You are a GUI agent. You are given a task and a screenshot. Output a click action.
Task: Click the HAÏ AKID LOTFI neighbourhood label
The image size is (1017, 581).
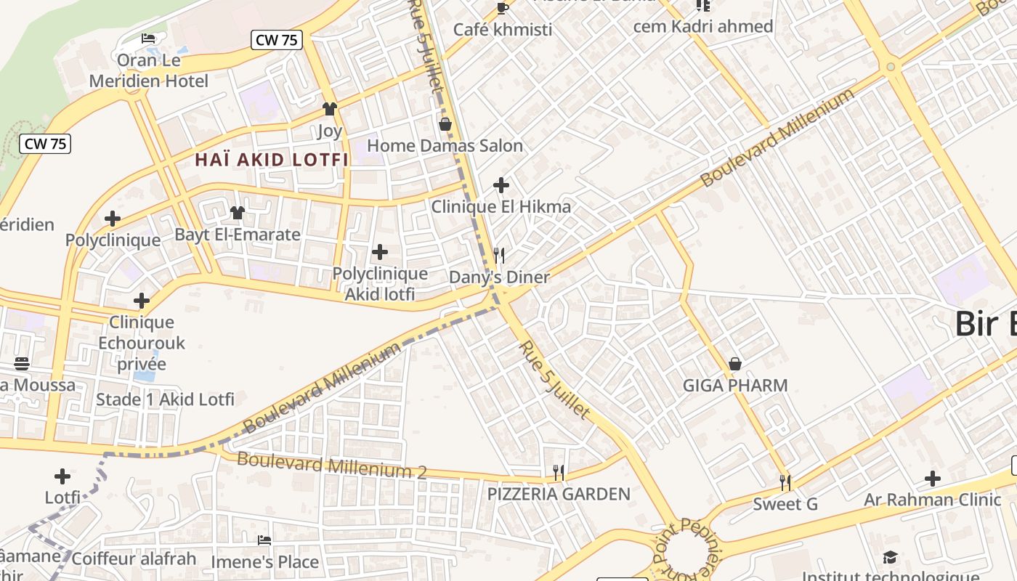tap(272, 160)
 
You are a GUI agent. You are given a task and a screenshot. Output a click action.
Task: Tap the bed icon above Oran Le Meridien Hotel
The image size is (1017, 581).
tap(148, 38)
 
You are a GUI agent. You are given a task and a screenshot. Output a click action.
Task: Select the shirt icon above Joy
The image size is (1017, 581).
tap(330, 109)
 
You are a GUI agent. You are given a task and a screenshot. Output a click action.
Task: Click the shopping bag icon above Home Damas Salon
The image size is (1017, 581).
tap(445, 124)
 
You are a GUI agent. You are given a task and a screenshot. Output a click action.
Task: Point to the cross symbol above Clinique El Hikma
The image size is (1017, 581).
tap(501, 185)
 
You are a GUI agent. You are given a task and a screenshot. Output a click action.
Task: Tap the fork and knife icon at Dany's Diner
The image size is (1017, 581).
tap(499, 255)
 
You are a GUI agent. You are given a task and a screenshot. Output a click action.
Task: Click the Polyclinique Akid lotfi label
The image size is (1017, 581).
tap(380, 284)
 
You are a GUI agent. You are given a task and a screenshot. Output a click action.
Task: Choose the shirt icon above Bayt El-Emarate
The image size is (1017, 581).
tap(238, 213)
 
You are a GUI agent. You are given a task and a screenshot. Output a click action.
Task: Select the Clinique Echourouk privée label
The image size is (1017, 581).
tap(142, 343)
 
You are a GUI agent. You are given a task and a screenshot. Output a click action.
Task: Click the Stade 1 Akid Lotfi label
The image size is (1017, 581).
tap(166, 399)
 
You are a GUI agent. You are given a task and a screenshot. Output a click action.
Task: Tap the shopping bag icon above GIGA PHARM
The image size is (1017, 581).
tap(735, 364)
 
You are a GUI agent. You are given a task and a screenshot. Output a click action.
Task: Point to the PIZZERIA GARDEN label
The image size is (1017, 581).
tap(559, 495)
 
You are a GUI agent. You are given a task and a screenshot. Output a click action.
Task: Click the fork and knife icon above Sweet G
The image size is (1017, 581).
tap(785, 482)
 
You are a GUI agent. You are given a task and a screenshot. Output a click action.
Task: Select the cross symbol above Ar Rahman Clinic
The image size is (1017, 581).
tap(933, 479)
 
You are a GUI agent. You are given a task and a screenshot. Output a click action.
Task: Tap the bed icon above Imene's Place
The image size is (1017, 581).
tap(264, 540)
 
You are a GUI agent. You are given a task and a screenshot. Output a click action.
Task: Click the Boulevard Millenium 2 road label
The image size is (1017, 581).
tap(332, 466)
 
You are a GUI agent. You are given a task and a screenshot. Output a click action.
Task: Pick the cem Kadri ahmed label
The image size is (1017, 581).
tap(703, 27)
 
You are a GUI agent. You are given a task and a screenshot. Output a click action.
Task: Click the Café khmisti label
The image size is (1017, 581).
tap(503, 30)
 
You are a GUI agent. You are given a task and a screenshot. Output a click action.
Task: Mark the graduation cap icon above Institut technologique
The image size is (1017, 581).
tap(891, 558)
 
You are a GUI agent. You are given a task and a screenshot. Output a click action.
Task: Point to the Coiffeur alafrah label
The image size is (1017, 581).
tap(134, 558)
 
